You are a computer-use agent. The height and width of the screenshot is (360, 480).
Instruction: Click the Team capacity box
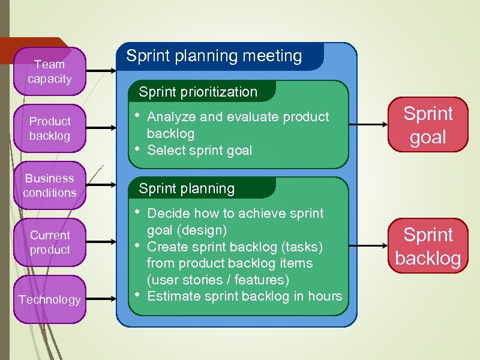click(50, 71)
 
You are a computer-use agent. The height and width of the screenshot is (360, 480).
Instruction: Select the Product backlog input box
click(50, 128)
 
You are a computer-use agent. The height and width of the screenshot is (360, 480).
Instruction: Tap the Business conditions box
click(50, 185)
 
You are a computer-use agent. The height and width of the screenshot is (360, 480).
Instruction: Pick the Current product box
click(50, 242)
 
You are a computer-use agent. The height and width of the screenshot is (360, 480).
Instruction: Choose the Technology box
click(50, 299)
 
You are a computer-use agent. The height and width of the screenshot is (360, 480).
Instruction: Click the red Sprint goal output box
click(428, 125)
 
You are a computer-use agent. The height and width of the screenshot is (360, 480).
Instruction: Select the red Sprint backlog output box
click(428, 246)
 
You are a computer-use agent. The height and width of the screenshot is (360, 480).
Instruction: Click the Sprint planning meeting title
click(214, 56)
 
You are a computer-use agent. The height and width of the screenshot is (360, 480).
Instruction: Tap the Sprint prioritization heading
click(198, 92)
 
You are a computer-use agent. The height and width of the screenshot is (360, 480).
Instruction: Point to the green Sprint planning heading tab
click(187, 188)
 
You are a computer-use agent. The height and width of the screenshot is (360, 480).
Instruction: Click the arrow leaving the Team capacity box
click(100, 71)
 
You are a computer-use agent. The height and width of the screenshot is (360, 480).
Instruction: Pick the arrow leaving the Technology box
click(100, 299)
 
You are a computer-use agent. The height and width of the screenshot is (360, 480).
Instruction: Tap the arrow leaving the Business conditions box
click(100, 185)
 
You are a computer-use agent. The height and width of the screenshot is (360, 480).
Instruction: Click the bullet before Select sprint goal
click(138, 149)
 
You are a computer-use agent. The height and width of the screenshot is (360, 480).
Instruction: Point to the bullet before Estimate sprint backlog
click(138, 294)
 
